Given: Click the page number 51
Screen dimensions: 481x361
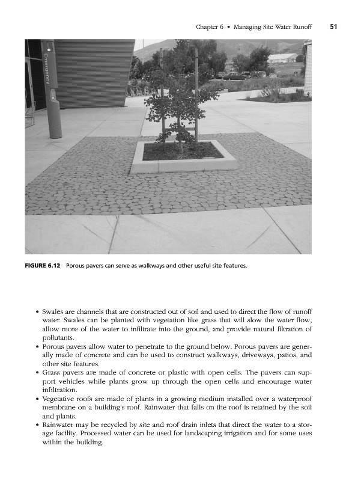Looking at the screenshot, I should pyautogui.click(x=333, y=26).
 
